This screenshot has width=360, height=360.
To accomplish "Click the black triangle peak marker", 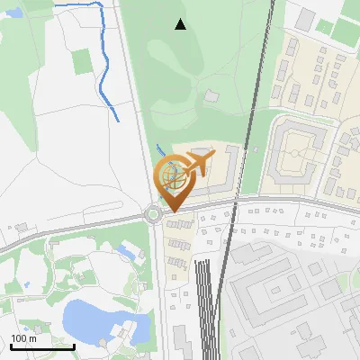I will tap(180, 24).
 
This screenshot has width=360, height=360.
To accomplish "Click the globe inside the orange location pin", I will tap(173, 177).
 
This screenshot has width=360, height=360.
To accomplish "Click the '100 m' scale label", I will tap(23, 337).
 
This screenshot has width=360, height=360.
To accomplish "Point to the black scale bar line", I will tap(42, 346).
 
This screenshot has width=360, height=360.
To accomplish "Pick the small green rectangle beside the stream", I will tap(82, 61).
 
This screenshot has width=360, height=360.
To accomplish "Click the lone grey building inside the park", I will tap(211, 94).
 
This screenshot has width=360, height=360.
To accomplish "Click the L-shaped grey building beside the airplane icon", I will tap(229, 171).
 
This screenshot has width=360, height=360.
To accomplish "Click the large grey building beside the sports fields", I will tap(306, 18).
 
